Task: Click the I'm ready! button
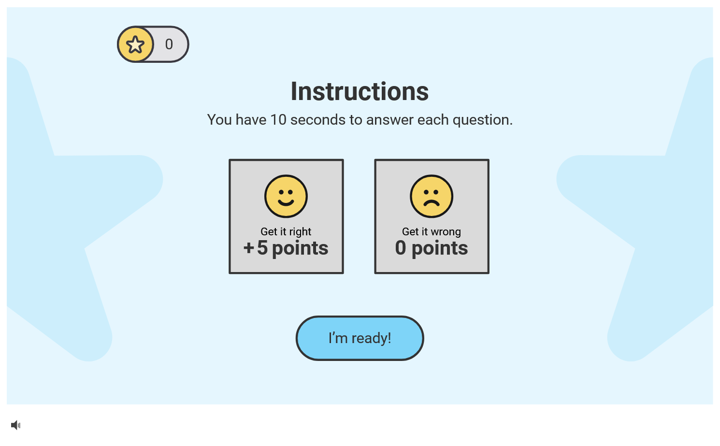(360, 338)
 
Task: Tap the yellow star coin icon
(135, 44)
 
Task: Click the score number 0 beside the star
(169, 44)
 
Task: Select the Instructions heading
(360, 92)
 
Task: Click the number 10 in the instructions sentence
(278, 120)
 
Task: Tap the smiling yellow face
(286, 196)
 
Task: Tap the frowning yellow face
(432, 196)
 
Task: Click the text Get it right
(286, 231)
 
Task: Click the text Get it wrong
(432, 231)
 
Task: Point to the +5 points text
(286, 248)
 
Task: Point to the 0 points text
(432, 248)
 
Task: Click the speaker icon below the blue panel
(15, 425)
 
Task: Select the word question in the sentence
(482, 120)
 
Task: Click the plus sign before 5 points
(248, 248)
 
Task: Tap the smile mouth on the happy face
(286, 203)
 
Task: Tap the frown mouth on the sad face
(432, 203)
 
